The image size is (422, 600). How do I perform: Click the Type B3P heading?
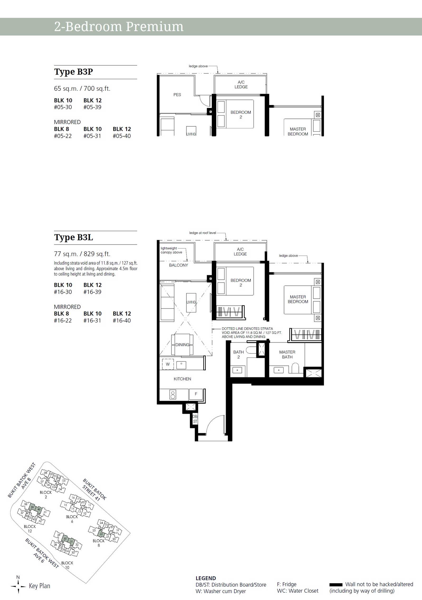[x=74, y=72]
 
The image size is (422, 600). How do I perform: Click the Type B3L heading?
[x=74, y=237]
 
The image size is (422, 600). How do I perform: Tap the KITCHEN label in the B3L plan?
[x=182, y=379]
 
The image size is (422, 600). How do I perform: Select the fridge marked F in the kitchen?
[x=196, y=394]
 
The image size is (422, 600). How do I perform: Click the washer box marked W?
[x=168, y=364]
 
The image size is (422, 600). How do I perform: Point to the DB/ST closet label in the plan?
[x=195, y=419]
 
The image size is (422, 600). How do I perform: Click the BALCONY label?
[x=179, y=265]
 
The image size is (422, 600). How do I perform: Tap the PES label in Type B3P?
[x=177, y=95]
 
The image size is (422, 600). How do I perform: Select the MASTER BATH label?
[x=287, y=355]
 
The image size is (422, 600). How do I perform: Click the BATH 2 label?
[x=238, y=355]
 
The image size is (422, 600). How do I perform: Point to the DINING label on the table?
[x=182, y=345]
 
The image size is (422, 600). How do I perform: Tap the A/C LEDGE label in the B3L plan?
[x=240, y=252]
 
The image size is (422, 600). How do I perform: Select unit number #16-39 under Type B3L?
[x=92, y=292]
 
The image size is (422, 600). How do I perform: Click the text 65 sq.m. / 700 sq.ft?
[x=82, y=89]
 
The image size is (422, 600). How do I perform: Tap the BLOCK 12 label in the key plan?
[x=30, y=529]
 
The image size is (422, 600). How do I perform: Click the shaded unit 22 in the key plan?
[x=101, y=534]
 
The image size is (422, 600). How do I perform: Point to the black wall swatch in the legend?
[x=336, y=585]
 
